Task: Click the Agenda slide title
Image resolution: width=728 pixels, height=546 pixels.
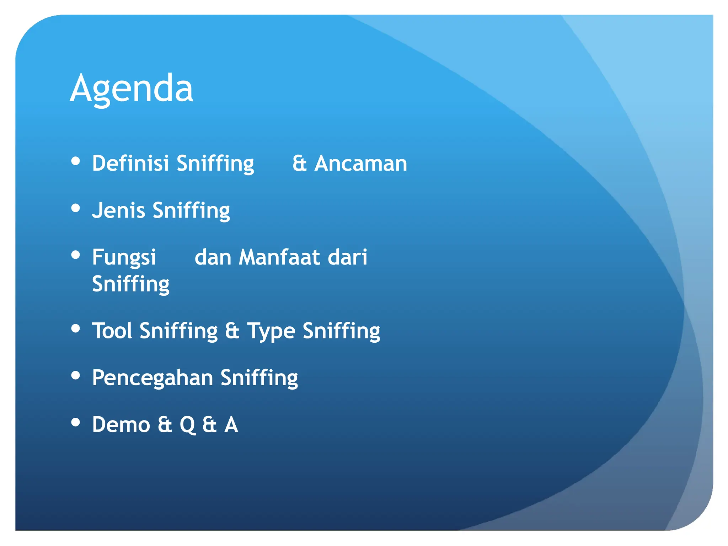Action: (x=132, y=88)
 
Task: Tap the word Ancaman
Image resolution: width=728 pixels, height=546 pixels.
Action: (x=360, y=164)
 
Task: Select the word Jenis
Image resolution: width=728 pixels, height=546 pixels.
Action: (x=118, y=210)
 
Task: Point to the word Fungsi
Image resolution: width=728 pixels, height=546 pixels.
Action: (x=124, y=257)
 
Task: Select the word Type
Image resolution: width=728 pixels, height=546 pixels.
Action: (x=271, y=331)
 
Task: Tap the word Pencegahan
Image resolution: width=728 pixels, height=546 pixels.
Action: (x=152, y=378)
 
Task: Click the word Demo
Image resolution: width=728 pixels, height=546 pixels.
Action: (x=121, y=424)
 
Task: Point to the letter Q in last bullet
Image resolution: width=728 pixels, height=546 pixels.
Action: (x=187, y=425)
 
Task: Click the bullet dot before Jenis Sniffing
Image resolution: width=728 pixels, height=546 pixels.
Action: (x=75, y=208)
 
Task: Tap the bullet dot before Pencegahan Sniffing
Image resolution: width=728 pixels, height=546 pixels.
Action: (x=75, y=375)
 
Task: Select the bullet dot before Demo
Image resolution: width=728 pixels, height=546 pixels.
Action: (x=75, y=422)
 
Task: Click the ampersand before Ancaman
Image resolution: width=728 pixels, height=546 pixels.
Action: (x=300, y=164)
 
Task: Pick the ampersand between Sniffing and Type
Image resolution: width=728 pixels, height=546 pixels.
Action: (x=232, y=331)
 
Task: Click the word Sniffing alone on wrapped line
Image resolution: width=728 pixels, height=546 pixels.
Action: (x=130, y=284)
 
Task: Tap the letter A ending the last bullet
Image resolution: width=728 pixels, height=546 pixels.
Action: (x=231, y=424)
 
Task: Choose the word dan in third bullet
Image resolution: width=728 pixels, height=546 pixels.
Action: (x=213, y=257)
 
